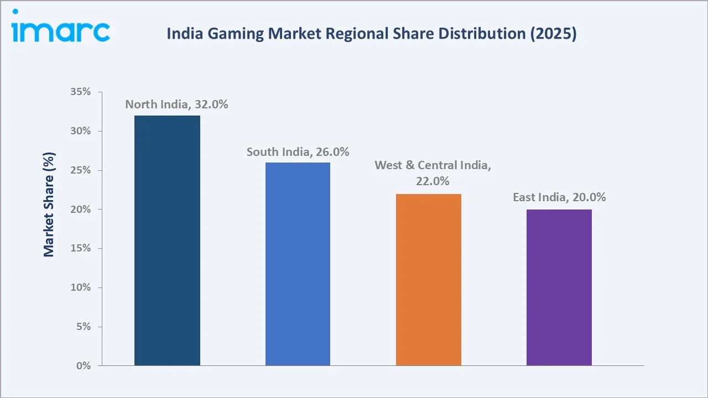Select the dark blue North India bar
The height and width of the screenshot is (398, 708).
pyautogui.click(x=167, y=240)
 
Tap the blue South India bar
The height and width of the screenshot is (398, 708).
pyautogui.click(x=298, y=264)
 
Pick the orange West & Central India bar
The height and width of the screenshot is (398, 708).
pyautogui.click(x=429, y=280)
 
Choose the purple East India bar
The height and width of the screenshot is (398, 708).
pyautogui.click(x=559, y=287)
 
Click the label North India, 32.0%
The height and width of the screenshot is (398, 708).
pyautogui.click(x=176, y=104)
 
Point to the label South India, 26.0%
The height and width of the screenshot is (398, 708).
pyautogui.click(x=298, y=152)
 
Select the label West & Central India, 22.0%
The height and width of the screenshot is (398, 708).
pyautogui.click(x=433, y=173)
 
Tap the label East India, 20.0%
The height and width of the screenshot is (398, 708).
pyautogui.click(x=559, y=197)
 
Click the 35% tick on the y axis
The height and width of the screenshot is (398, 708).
pyautogui.click(x=80, y=92)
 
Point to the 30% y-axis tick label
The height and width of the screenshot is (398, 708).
pyautogui.click(x=80, y=131)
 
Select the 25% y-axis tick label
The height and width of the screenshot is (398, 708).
pyautogui.click(x=80, y=170)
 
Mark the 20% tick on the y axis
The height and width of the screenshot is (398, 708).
pyautogui.click(x=80, y=210)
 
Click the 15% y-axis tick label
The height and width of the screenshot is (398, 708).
pyautogui.click(x=80, y=248)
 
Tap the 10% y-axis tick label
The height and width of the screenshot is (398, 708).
pyautogui.click(x=80, y=287)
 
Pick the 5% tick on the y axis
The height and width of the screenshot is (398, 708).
pyautogui.click(x=83, y=327)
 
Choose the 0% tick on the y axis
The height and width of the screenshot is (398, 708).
pyautogui.click(x=83, y=366)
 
